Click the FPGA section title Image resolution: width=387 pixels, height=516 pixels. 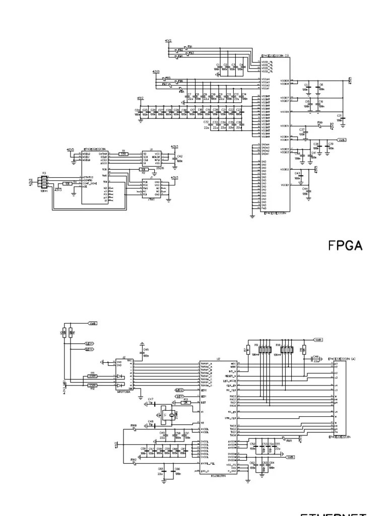(346, 245)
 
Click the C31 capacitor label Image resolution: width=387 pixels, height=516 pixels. (340, 116)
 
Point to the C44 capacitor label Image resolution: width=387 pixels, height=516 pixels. (305, 188)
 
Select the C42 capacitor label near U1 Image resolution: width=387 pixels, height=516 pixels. (179, 157)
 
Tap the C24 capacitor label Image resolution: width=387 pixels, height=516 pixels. (137, 110)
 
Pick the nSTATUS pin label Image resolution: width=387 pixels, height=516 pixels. (88, 177)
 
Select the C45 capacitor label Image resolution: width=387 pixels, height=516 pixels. (146, 349)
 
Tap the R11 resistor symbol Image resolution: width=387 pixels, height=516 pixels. (92, 376)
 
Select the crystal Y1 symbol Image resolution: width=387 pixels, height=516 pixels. (172, 415)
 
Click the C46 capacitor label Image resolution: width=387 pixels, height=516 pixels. (316, 356)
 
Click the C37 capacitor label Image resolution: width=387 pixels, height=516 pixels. (302, 130)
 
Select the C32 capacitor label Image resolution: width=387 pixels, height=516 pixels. (206, 122)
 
